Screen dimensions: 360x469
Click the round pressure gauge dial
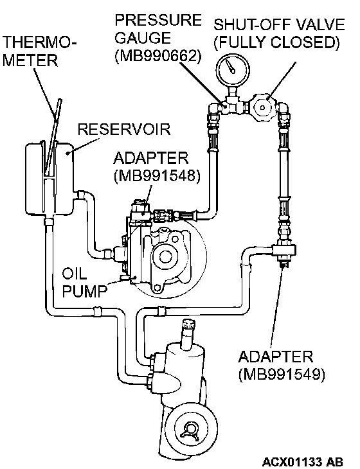tap(233, 69)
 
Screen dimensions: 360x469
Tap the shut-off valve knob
tap(262, 107)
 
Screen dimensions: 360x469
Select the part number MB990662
tap(157, 55)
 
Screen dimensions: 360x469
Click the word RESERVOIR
tap(124, 130)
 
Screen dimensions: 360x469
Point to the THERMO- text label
tap(39, 43)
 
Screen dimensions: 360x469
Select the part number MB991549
tap(282, 374)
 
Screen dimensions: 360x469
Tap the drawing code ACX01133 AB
tap(302, 461)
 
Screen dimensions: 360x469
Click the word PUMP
tap(84, 290)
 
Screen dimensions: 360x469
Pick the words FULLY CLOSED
tap(278, 43)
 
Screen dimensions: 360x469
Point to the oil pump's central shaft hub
tap(164, 256)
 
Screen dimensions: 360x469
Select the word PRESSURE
tap(158, 21)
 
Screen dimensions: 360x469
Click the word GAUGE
tap(143, 38)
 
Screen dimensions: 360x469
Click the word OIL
tap(75, 274)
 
